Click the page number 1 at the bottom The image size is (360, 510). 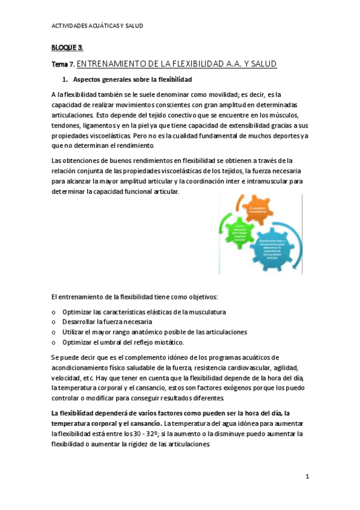(307, 477)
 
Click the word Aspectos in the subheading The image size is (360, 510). (89, 79)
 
